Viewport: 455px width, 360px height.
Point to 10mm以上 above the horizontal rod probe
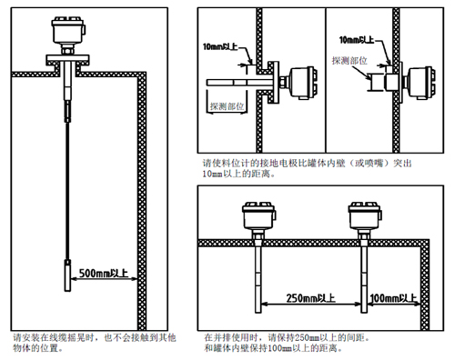pyautogui.click(x=221, y=43)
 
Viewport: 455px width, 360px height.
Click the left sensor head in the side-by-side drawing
pyautogui.click(x=258, y=216)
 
